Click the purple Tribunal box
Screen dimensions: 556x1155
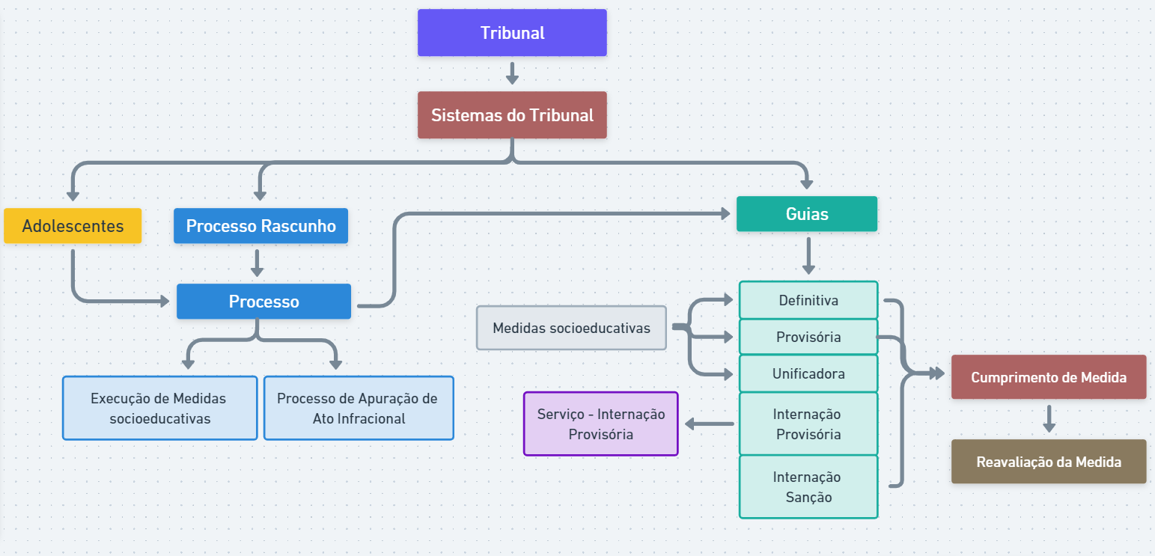click(x=512, y=33)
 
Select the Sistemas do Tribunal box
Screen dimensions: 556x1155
click(x=512, y=115)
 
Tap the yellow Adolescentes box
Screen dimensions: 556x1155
click(x=73, y=226)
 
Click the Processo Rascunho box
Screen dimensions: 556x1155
click(x=260, y=226)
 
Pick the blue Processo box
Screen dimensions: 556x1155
click(x=263, y=302)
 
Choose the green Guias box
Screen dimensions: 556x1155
click(x=807, y=214)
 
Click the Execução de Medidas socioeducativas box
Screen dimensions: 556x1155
click(x=160, y=408)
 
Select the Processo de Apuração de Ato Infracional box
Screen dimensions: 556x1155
click(x=359, y=408)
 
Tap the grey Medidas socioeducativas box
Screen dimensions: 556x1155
click(x=571, y=328)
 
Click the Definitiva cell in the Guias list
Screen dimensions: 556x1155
click(x=808, y=300)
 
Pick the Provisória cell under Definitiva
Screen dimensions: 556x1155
click(x=808, y=337)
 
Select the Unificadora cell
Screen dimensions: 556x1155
click(x=808, y=373)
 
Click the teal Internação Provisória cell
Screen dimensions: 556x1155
click(x=808, y=424)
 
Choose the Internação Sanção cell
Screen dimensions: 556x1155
click(x=808, y=486)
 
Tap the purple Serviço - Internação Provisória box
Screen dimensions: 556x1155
click(x=600, y=424)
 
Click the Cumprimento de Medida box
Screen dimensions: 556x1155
click(x=1048, y=377)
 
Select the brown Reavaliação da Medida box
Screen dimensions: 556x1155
click(x=1048, y=462)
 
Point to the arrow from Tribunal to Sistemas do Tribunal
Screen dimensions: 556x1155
click(x=512, y=73)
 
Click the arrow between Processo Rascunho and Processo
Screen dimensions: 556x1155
click(x=257, y=263)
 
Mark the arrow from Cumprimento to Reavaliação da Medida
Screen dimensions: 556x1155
click(x=1049, y=418)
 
